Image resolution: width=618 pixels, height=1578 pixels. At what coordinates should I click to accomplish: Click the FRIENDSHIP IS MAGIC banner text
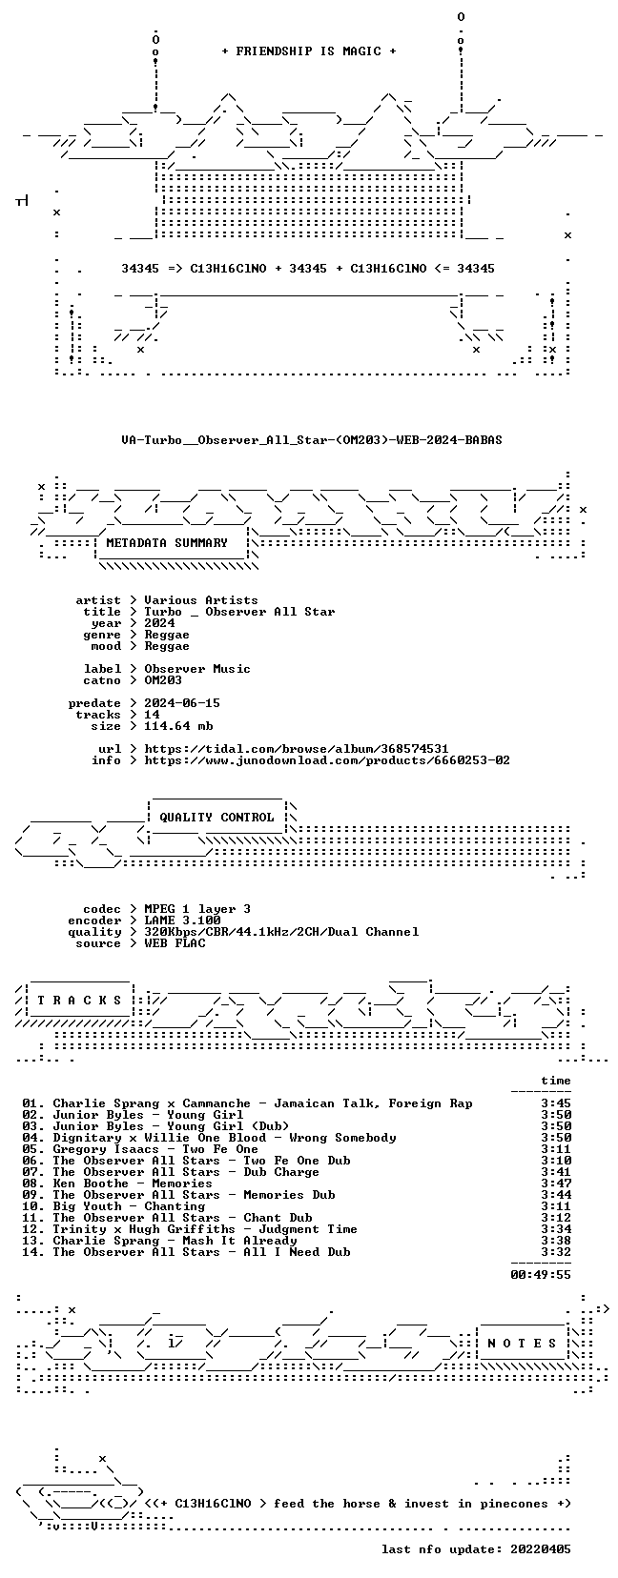[309, 51]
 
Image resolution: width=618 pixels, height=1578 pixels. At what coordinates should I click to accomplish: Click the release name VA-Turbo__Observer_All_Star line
[312, 440]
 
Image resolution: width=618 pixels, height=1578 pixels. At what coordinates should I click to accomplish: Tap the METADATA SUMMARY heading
[167, 543]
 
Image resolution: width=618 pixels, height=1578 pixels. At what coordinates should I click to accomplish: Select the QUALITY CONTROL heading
[216, 818]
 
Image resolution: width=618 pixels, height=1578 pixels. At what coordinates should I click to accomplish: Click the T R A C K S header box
[79, 1001]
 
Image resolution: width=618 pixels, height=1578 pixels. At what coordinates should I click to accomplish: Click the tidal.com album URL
[297, 749]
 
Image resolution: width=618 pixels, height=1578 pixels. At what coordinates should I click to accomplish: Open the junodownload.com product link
[327, 760]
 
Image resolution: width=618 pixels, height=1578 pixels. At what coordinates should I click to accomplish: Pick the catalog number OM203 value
[163, 680]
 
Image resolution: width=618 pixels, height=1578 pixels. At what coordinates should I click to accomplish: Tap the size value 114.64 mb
[178, 725]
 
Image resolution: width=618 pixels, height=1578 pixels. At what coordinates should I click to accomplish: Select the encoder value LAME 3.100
[182, 920]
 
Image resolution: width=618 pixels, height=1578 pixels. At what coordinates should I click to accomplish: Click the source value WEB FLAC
[175, 943]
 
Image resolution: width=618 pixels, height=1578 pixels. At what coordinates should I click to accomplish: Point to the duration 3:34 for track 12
[556, 1229]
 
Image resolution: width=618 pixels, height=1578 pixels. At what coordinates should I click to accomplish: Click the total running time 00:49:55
[541, 1274]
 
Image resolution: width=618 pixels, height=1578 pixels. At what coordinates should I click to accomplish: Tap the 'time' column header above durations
[556, 1081]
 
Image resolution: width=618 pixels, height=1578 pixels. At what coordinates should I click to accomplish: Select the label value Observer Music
[197, 669]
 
